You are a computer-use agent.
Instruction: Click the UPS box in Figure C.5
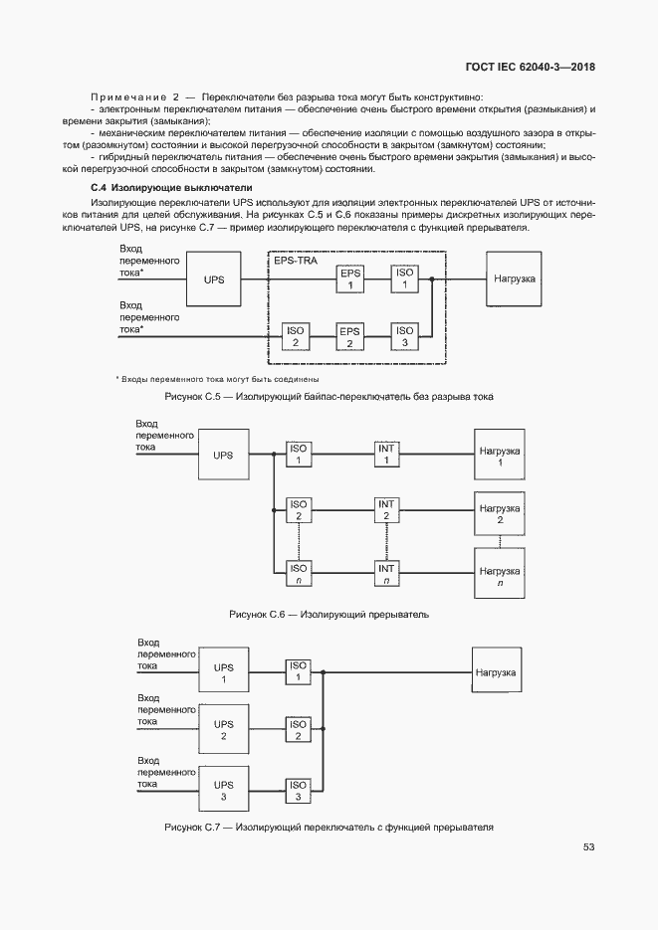click(x=214, y=279)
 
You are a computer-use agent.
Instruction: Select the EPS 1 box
click(x=349, y=279)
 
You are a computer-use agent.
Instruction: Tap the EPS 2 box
click(x=349, y=337)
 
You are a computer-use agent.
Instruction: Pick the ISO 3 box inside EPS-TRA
click(x=404, y=337)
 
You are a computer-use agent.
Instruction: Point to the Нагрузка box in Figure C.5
click(x=514, y=279)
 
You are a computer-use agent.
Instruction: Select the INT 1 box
click(x=386, y=455)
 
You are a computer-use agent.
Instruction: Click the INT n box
click(x=386, y=573)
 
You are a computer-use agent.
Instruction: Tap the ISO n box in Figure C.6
click(x=298, y=573)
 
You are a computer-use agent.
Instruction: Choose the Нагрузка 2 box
click(x=500, y=514)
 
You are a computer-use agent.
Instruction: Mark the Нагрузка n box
click(x=500, y=577)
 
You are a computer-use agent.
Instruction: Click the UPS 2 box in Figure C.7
click(x=224, y=730)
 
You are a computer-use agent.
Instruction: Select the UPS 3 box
click(x=224, y=791)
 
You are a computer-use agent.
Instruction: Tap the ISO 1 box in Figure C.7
click(x=298, y=671)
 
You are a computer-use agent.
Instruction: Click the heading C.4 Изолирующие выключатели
click(x=171, y=187)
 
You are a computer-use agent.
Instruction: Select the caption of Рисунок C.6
click(x=329, y=615)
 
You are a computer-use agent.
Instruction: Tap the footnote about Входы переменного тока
click(x=217, y=379)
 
